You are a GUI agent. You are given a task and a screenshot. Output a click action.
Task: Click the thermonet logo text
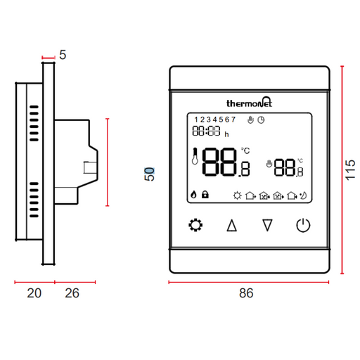(249, 102)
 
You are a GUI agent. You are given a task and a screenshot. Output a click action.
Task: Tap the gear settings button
(195, 225)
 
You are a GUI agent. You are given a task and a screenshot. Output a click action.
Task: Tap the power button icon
(303, 225)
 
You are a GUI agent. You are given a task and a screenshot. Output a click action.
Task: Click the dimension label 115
(350, 170)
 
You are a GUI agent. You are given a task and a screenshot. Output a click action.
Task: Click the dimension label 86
(246, 293)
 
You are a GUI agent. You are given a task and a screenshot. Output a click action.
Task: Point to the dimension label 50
(149, 174)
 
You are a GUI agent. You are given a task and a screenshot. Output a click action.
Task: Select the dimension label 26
(72, 293)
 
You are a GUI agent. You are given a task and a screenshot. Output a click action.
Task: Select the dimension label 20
(34, 293)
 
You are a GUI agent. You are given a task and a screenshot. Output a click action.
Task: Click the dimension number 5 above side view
(63, 55)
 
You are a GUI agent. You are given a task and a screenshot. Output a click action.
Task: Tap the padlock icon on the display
(205, 194)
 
